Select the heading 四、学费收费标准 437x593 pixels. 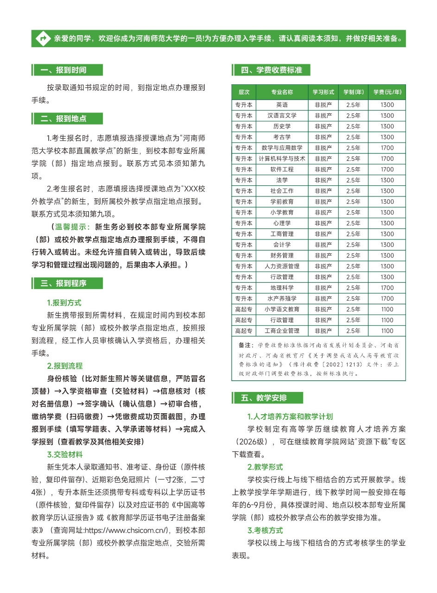click(x=271, y=70)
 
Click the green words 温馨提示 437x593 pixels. click(x=73, y=227)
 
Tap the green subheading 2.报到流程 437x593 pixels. click(x=65, y=366)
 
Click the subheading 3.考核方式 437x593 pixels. click(x=265, y=530)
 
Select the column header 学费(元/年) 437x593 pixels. click(x=387, y=92)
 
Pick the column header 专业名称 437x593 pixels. click(x=282, y=92)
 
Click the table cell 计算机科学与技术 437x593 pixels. click(x=282, y=158)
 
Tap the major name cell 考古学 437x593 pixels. click(x=282, y=137)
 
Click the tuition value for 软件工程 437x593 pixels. click(x=387, y=170)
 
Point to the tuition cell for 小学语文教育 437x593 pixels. click(x=387, y=309)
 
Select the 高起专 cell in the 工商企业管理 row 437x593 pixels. click(x=244, y=331)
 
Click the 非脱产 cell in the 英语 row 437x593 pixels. click(x=323, y=105)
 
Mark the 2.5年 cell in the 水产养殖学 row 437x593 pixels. click(x=353, y=299)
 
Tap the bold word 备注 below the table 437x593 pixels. click(x=246, y=345)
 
